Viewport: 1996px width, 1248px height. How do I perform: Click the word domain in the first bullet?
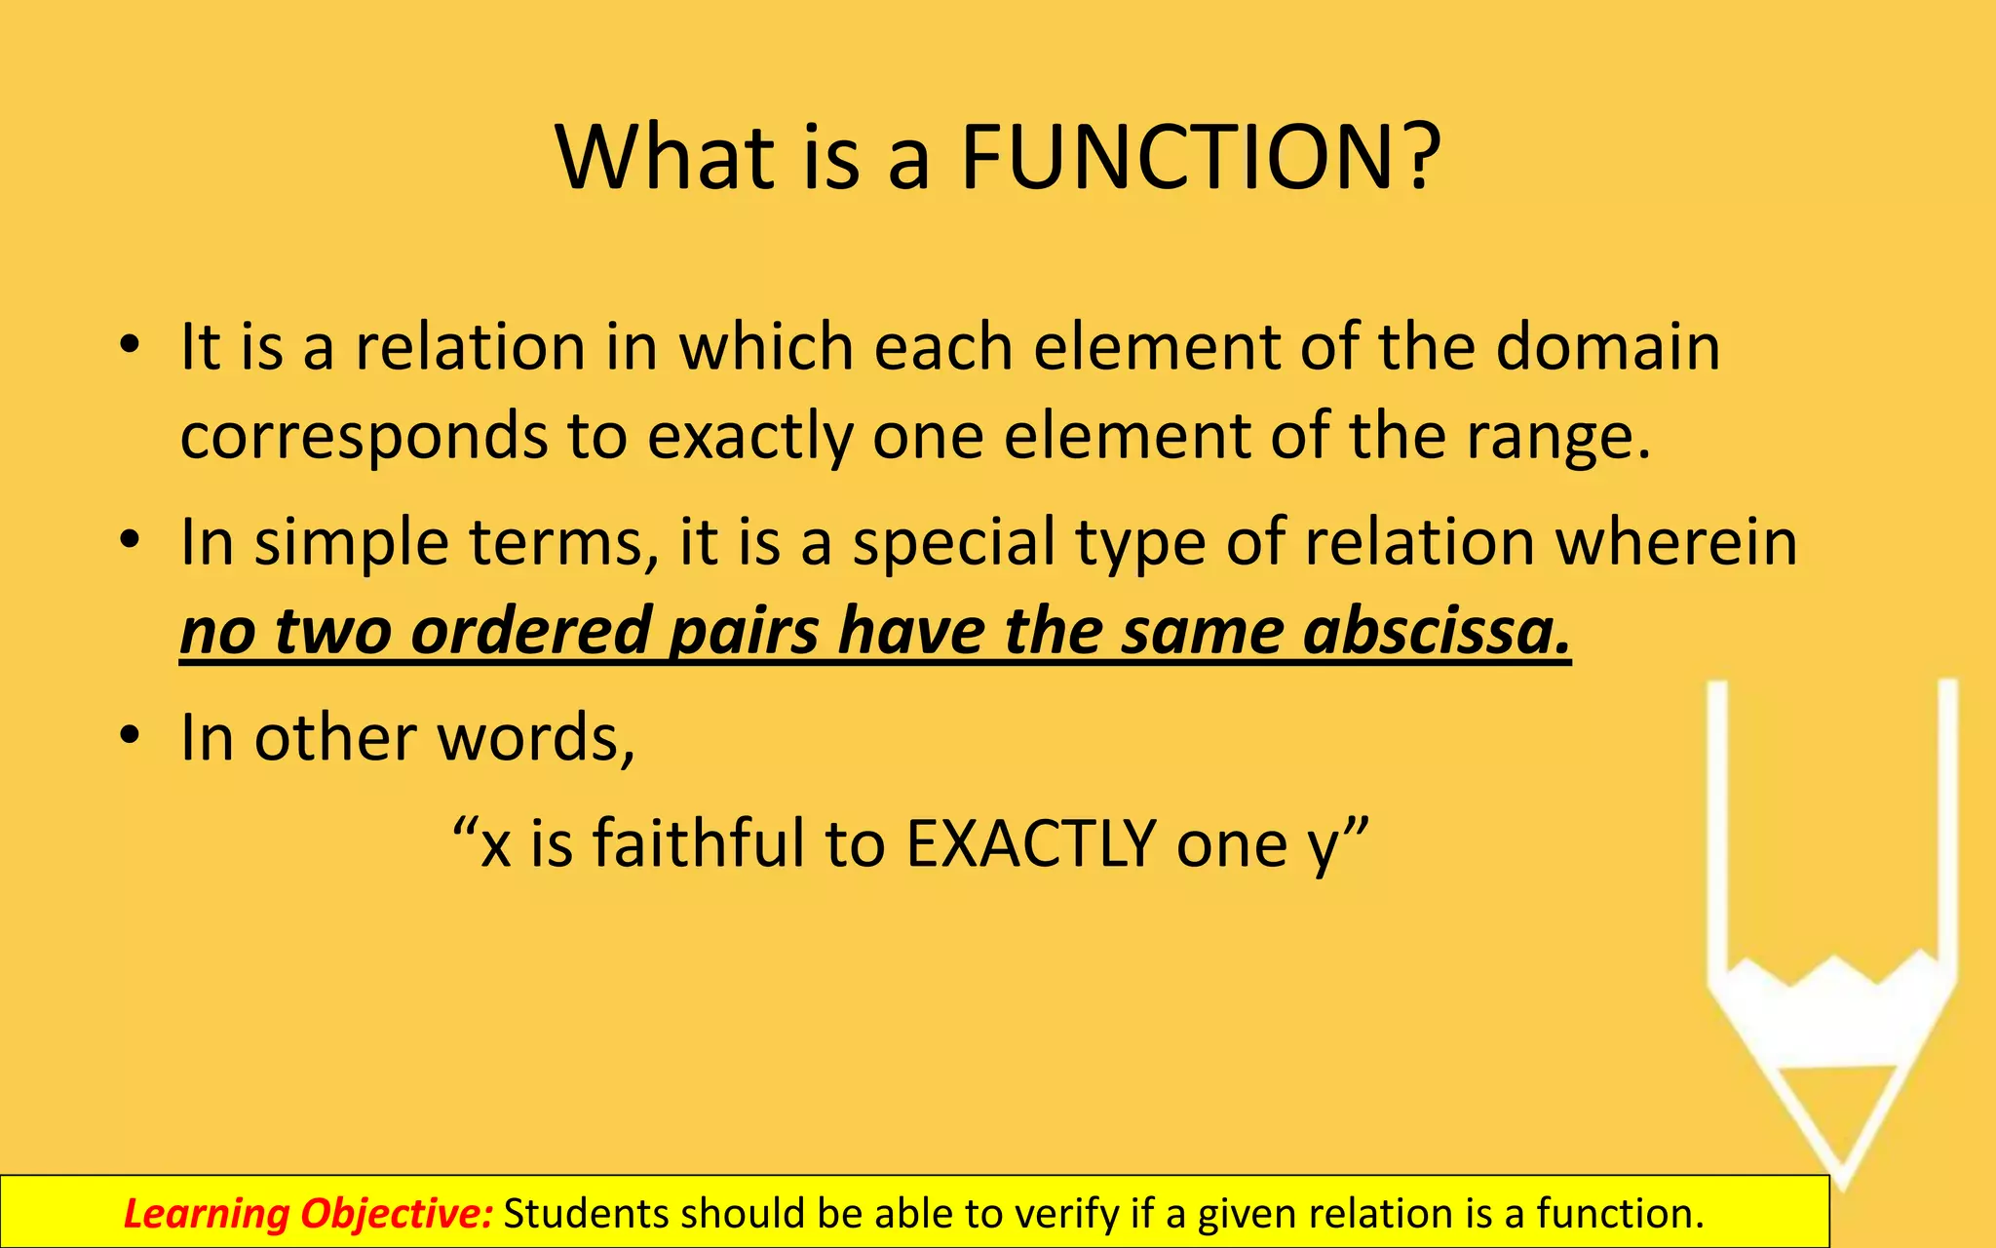[1608, 347]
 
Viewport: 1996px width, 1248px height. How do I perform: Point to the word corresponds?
[364, 439]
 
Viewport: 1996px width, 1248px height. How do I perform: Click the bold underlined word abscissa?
[1437, 632]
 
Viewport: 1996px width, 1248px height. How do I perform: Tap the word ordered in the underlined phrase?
[530, 632]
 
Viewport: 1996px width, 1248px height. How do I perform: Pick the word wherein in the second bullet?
[1675, 542]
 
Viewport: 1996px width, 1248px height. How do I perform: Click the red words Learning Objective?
[308, 1214]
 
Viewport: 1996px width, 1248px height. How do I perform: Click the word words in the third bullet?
[536, 738]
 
